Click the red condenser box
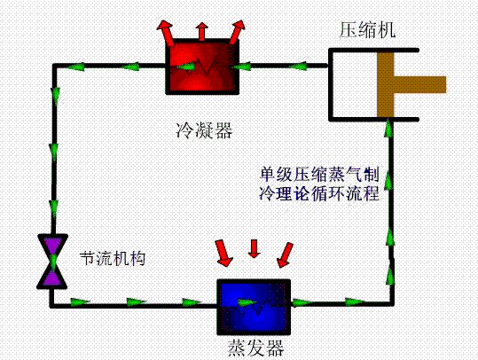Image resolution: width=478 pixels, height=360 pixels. coord(202,67)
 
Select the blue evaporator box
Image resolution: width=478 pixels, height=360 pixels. coord(254,307)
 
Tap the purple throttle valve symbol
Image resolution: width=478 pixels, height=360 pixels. coord(52,262)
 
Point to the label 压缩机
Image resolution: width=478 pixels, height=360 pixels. coord(367,30)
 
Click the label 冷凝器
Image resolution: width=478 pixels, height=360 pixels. coord(204,130)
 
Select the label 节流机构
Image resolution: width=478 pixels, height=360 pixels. coord(112,259)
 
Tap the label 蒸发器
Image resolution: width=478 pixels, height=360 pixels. coord(255,348)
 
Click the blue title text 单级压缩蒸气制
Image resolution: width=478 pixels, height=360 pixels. coord(319,175)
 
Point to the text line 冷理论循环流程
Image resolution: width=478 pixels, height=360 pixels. coord(319,193)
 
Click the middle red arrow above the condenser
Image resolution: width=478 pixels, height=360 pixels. coord(201,31)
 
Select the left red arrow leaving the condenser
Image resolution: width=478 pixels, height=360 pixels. coord(166,33)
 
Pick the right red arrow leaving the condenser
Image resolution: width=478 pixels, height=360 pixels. coord(238,32)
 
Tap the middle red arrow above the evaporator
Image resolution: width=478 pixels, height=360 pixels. coord(254,249)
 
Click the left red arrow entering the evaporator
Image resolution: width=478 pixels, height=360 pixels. coord(224,254)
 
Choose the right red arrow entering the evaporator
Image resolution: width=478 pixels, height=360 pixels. coord(285,254)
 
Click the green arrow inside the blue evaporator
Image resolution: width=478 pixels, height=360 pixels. coord(247,302)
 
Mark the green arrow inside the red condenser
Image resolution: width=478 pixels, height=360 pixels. coord(185,67)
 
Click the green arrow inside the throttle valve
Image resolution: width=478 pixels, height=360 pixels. coord(53,262)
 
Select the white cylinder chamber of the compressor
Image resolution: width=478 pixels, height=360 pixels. coord(354,84)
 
